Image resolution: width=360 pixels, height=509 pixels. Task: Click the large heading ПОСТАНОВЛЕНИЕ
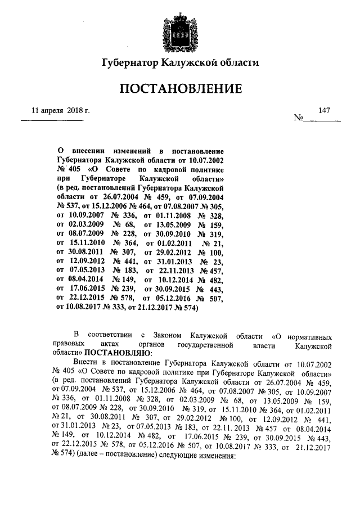[x=180, y=89]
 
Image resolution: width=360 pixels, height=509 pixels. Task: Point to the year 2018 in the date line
[x=75, y=110]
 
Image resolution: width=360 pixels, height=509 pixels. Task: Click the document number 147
[x=323, y=110]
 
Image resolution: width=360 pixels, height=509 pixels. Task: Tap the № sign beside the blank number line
[x=299, y=118]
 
